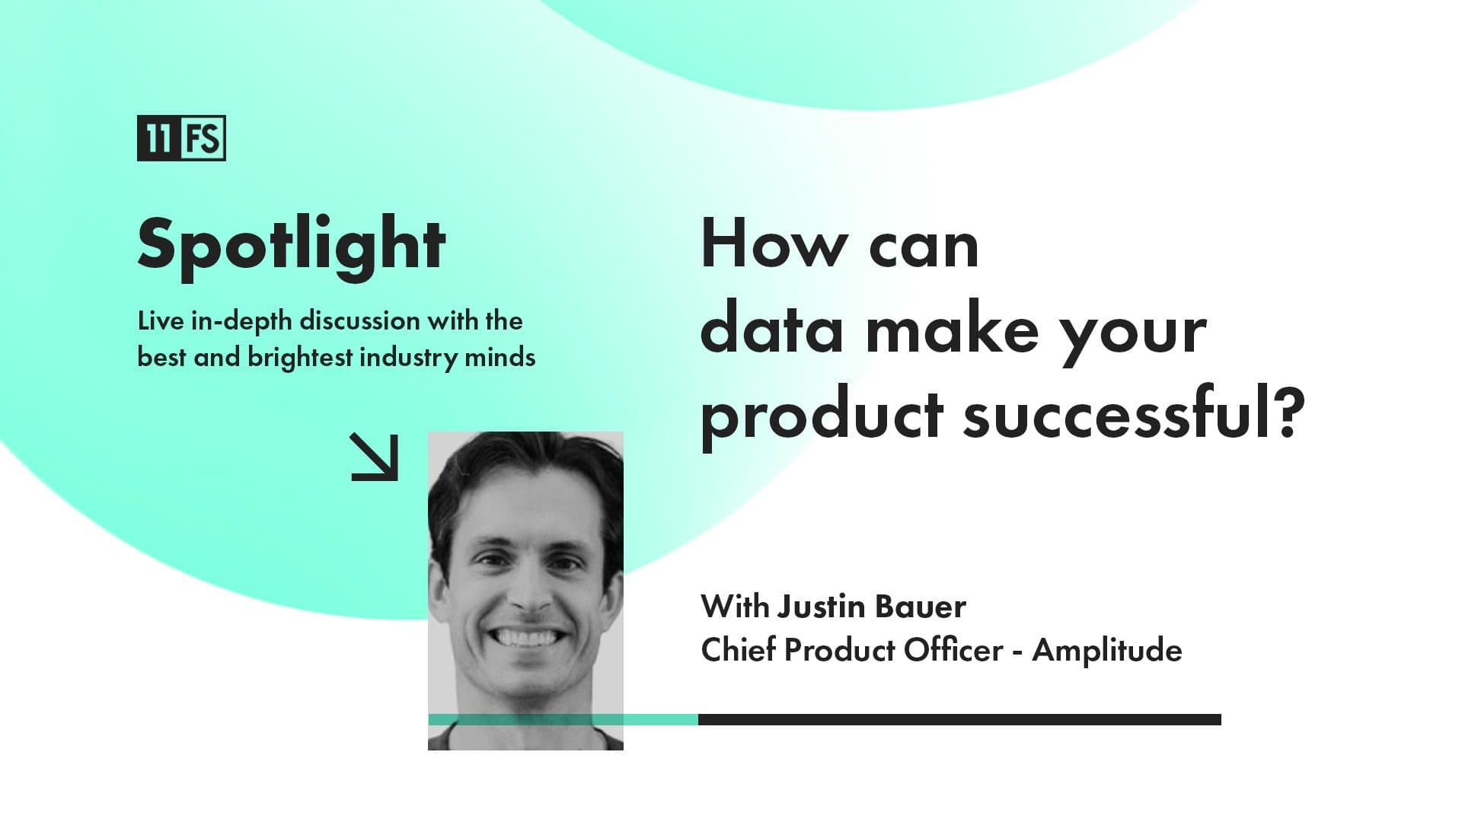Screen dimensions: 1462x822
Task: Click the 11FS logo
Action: click(181, 138)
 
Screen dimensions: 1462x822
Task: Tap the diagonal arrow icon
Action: click(375, 457)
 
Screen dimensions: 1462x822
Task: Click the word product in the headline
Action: click(822, 417)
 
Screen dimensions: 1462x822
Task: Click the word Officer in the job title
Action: click(953, 650)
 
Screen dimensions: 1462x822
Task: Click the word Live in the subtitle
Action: click(161, 321)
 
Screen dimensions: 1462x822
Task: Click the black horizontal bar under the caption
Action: click(959, 719)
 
